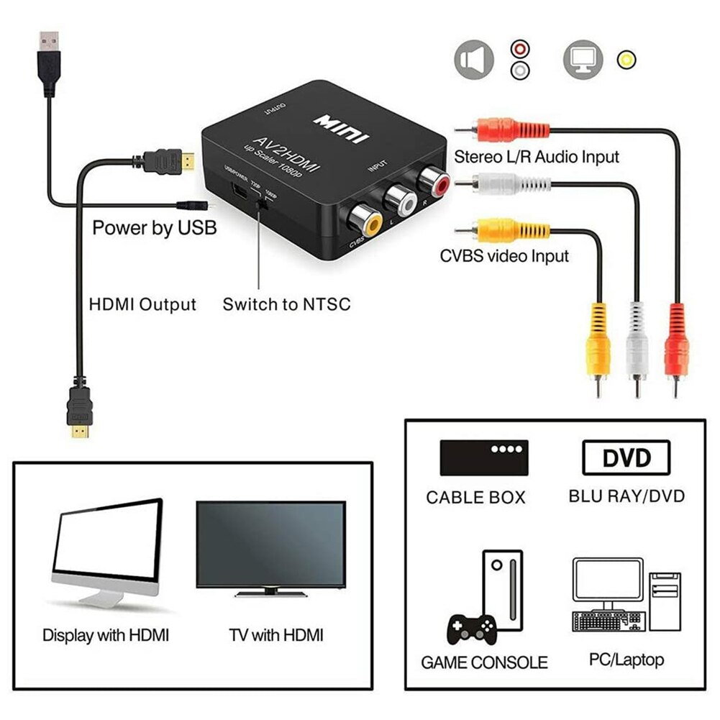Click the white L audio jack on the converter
[398, 201]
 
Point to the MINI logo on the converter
[341, 129]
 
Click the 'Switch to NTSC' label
[286, 304]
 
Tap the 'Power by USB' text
[154, 228]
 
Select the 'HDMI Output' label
[142, 304]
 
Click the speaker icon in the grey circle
[473, 59]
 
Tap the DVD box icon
[626, 457]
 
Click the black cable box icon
[484, 457]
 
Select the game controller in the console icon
[471, 632]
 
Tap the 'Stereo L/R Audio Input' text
[536, 156]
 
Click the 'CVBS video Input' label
[504, 255]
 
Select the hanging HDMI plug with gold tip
[81, 414]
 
